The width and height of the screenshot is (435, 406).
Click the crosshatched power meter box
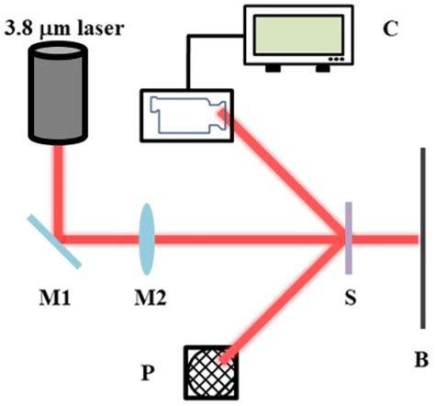click(x=211, y=372)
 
